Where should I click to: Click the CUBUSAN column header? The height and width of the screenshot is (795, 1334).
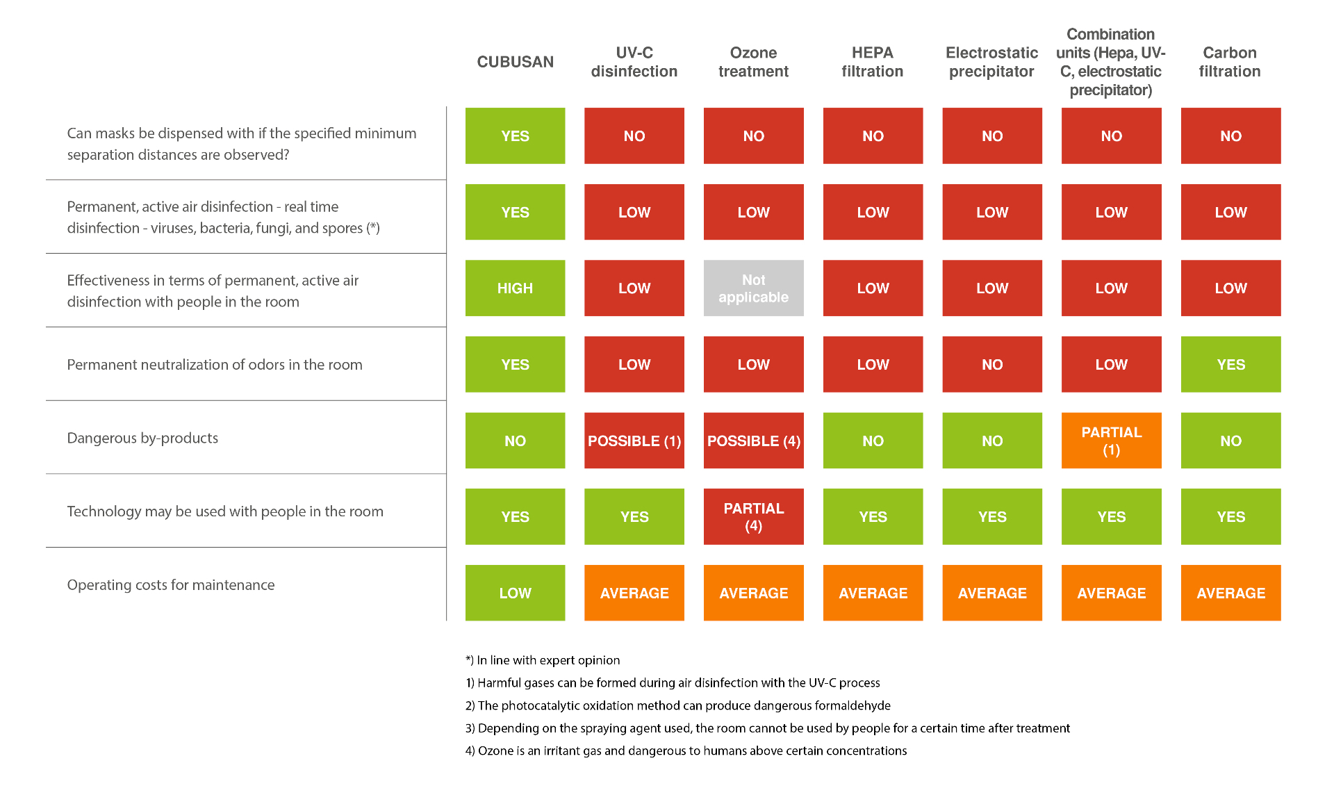pos(515,62)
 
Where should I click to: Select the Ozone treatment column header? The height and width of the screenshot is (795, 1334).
pos(753,62)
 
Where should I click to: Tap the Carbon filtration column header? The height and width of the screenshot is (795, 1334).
pos(1229,62)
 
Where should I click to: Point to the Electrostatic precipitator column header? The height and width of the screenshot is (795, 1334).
pos(991,62)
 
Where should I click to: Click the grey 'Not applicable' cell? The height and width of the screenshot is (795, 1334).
pos(754,288)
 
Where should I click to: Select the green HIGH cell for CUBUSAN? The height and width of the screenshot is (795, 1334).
pos(515,288)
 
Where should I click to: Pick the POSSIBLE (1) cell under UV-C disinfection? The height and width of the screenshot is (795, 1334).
pos(634,441)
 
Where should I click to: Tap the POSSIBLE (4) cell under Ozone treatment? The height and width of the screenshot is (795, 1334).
pos(754,441)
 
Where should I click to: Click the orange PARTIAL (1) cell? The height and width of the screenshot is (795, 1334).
pos(1112,441)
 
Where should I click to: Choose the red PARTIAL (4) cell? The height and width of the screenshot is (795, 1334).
pos(754,516)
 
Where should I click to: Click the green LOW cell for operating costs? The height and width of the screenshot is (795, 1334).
pos(515,593)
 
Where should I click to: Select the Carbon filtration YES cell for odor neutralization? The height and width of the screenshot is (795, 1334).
pos(1231,364)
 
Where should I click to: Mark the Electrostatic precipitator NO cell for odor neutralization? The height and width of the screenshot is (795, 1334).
pos(992,364)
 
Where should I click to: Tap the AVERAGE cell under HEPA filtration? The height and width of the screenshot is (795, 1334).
pos(873,593)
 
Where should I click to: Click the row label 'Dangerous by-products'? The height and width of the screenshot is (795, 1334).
pos(142,438)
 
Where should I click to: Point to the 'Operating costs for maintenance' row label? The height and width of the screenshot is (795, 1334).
pos(171,585)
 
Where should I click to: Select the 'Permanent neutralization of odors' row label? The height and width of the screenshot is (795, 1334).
pos(215,365)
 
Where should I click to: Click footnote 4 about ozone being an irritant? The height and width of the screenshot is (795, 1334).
pos(686,751)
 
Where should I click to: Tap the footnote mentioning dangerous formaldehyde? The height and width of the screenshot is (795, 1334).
pos(678,705)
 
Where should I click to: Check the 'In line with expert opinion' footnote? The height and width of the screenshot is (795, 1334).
pos(543,660)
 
